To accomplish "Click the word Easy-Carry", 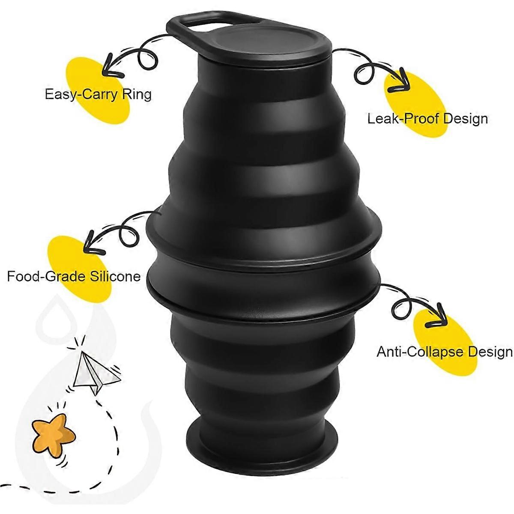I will [x=76, y=94].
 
